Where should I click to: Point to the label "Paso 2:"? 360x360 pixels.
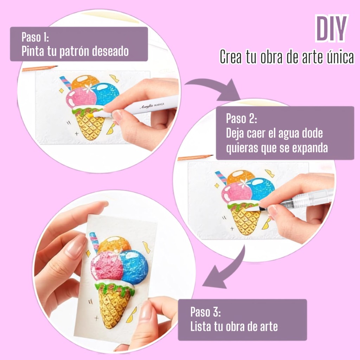(242, 118)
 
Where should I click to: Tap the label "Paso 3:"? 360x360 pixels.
(205, 312)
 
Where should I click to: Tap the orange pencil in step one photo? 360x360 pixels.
(39, 68)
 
